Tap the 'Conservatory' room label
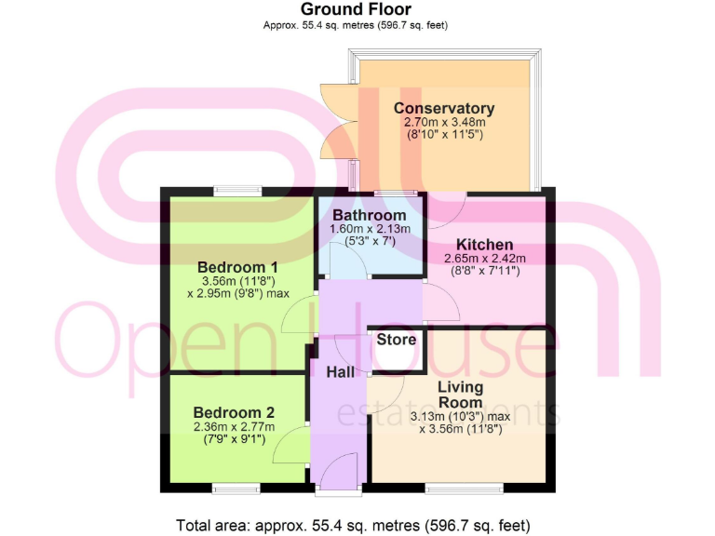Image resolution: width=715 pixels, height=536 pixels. [x=443, y=108]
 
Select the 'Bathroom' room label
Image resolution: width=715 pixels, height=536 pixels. [x=370, y=215]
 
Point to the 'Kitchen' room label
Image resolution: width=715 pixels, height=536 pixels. [x=484, y=244]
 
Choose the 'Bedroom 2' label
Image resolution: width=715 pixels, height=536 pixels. [x=234, y=412]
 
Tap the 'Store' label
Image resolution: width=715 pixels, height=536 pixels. [x=396, y=340]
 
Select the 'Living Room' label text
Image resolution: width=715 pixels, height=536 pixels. [x=461, y=395]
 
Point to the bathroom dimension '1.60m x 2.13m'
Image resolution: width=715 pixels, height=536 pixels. [x=370, y=228]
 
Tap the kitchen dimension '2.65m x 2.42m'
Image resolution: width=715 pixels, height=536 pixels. [x=485, y=258]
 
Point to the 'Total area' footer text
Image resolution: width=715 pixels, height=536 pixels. [x=355, y=524]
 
